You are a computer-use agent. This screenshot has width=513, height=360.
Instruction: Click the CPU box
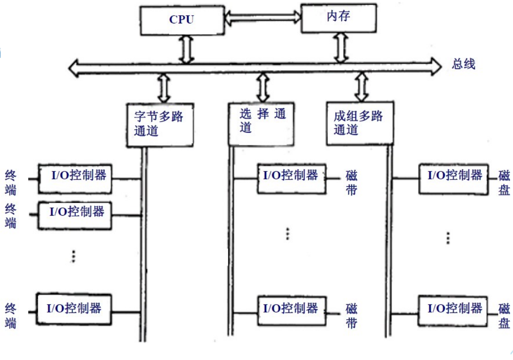[x=182, y=20]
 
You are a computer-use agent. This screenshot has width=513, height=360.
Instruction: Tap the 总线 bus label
[x=464, y=64]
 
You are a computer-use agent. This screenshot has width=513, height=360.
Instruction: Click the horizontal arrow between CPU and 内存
[x=263, y=16]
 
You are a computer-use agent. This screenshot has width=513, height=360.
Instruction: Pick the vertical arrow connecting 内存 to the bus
[x=341, y=47]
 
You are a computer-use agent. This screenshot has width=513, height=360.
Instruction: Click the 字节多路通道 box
[x=160, y=125]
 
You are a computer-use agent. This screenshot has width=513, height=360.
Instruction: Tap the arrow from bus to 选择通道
[x=263, y=87]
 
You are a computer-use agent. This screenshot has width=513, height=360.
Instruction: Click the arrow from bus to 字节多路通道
[x=164, y=87]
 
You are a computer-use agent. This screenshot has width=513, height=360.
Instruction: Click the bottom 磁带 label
[x=351, y=317]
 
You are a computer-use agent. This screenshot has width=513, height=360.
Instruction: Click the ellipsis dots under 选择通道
[x=288, y=234]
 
